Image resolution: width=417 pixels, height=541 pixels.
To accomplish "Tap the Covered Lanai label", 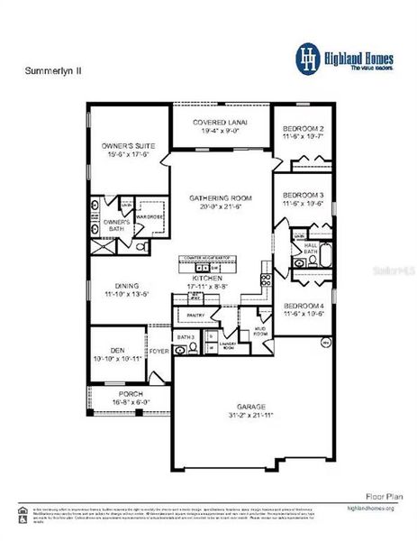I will (x=221, y=122).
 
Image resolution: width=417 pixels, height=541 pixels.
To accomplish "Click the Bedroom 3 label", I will (x=303, y=196).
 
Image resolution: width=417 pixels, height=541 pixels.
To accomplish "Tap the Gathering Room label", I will (x=221, y=197).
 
